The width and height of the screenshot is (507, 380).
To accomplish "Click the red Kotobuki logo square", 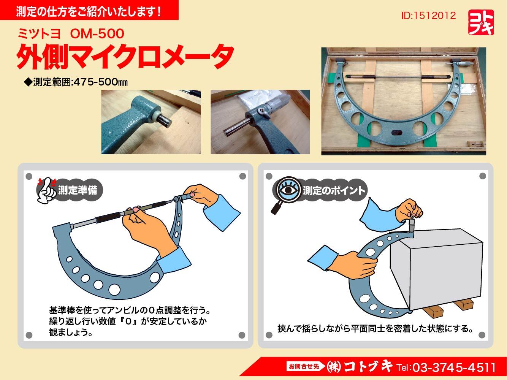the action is pos(481,22).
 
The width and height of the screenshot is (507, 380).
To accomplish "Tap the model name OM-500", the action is pos(97,34).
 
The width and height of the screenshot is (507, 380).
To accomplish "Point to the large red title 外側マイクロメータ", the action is pos(125,57).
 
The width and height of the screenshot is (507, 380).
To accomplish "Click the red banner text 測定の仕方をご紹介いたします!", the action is pos(89,11).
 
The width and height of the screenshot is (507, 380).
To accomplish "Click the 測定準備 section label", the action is pos(78,190).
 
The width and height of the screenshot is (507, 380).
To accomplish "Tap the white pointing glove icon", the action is pos(46,191).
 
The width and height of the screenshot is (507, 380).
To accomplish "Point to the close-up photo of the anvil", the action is pos(151,122).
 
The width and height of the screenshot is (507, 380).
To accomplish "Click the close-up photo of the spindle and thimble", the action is pos(260,122).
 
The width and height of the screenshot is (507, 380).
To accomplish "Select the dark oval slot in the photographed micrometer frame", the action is pos(397,132).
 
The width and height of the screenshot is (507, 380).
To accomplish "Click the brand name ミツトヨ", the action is pos(39,34).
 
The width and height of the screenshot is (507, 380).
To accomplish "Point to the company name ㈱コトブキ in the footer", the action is pos(359,367).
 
